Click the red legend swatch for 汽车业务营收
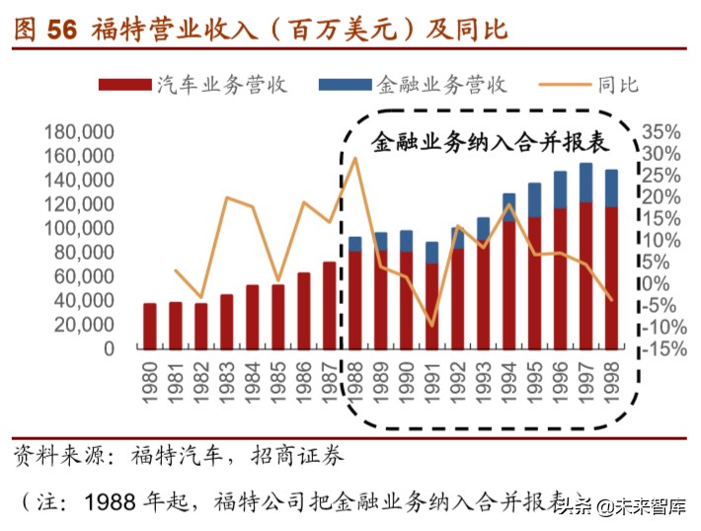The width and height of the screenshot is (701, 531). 124,85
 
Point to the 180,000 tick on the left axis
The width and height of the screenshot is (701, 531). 80,132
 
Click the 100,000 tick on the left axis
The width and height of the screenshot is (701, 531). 80,229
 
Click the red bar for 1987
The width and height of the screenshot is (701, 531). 330,306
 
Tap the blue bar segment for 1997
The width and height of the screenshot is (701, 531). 586,183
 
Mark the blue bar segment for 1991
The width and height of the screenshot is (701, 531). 432,253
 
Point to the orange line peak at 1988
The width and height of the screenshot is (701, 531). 355,158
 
